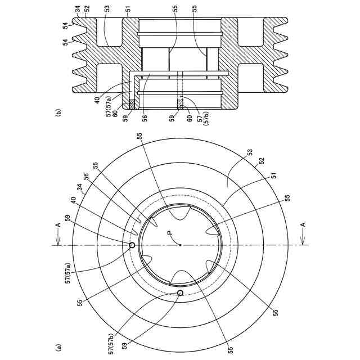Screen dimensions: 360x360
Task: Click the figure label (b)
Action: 58,113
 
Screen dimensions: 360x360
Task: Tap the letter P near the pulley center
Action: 170,233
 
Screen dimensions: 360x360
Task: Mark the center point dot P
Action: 181,245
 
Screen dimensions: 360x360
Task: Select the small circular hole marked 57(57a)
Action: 132,245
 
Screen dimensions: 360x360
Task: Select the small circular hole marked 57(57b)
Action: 181,292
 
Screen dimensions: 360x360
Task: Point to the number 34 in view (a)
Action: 80,190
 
